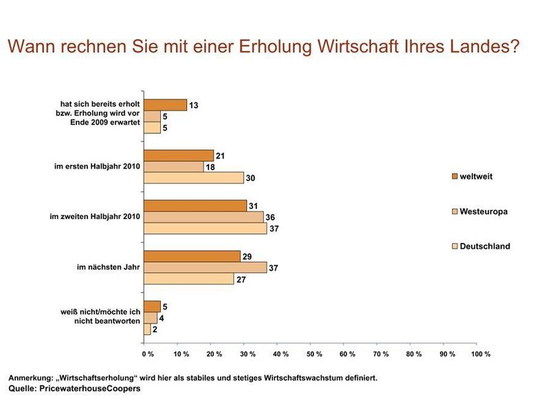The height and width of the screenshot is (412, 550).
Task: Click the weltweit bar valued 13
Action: coord(165,105)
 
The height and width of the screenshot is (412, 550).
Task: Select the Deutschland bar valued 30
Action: coord(193,178)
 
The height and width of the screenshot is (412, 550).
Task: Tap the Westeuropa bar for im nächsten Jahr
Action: coord(205,267)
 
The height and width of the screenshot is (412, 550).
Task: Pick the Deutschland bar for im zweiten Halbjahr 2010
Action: coord(205,228)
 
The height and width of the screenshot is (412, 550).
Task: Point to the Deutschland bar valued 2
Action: coord(146,329)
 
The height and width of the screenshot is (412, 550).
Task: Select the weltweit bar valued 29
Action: coord(192,256)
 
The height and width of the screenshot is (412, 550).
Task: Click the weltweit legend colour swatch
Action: coord(454,177)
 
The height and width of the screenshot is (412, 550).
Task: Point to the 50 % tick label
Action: coord(314,354)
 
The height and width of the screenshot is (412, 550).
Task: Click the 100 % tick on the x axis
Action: coord(481,354)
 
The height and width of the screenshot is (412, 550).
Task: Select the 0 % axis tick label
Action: coord(148,354)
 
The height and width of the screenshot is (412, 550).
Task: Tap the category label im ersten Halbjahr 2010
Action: coord(98,167)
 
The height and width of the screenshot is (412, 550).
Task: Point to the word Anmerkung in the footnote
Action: coord(32,378)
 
